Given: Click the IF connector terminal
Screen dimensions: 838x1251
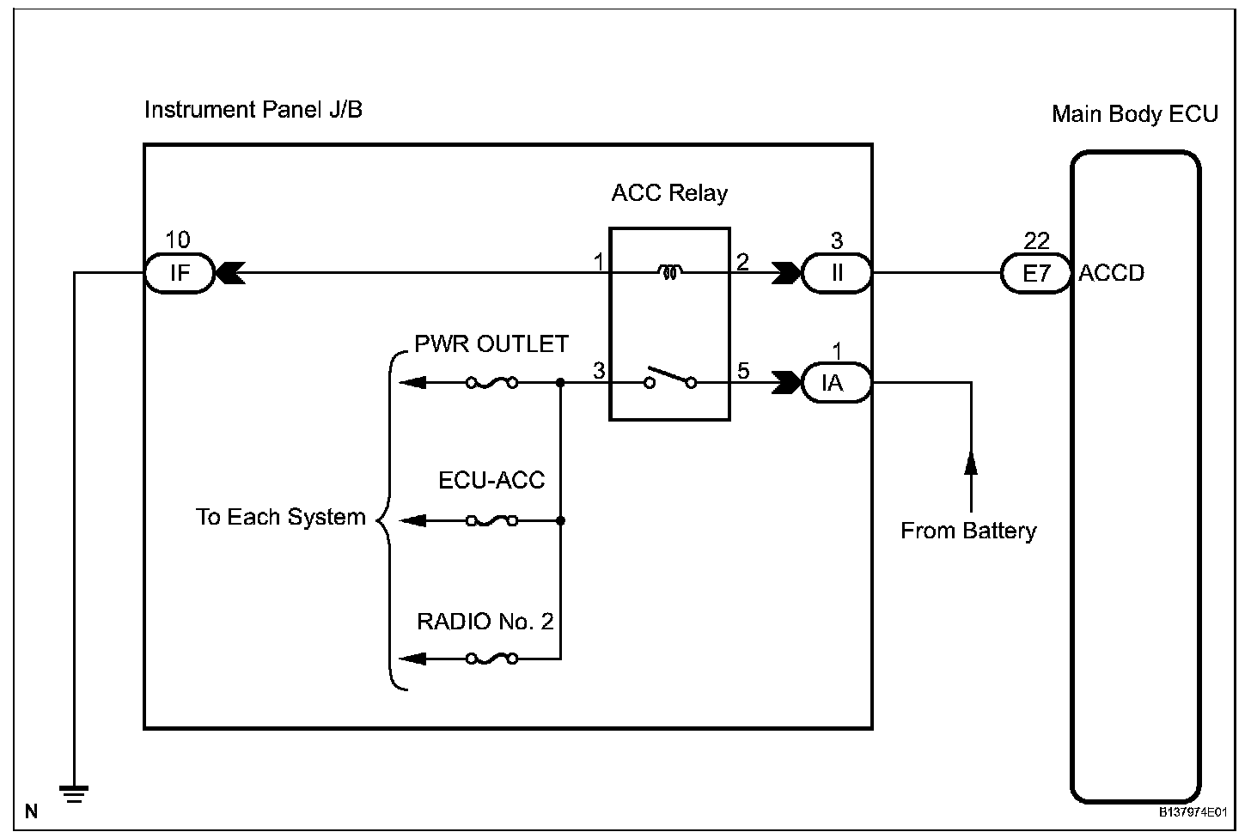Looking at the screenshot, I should coord(179,274).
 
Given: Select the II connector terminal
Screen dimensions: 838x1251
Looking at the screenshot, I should coord(836,274).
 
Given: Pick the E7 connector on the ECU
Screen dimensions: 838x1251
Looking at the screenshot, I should coord(1036,274).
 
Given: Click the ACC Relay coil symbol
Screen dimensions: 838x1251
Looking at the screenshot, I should coord(669,273).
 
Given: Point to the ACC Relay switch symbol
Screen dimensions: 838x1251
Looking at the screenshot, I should coord(670,379).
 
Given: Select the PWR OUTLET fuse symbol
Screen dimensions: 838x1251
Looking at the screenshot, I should coord(491,383).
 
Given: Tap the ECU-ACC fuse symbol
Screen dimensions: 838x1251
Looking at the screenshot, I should coord(491,520).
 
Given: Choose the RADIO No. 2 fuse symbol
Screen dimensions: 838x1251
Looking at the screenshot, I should coord(491,659).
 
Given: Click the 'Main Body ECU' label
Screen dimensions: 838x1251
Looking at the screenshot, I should coord(1134,115).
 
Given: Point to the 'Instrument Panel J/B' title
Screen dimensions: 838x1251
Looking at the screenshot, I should coord(253,110).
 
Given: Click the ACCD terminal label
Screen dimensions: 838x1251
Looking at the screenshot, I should coord(1112,274).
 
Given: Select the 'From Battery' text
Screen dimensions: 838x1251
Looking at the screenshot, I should coord(968,531).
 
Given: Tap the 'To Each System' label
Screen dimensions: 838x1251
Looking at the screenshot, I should coord(281,518).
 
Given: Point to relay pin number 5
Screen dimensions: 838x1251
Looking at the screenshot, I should coord(743,371).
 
